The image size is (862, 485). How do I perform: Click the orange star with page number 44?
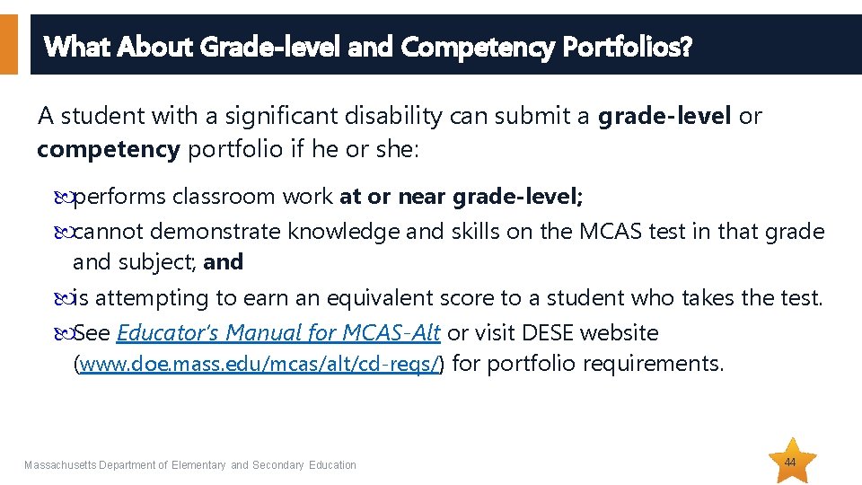click(x=794, y=461)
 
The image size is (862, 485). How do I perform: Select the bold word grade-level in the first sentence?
click(x=664, y=117)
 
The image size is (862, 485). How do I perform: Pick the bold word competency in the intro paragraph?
click(x=109, y=149)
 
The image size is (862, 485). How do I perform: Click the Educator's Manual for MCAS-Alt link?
click(x=278, y=333)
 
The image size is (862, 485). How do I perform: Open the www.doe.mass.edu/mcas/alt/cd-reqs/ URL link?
click(x=260, y=365)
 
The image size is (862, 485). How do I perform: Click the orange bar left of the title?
click(x=8, y=44)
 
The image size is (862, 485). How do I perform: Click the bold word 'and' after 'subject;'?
click(x=224, y=262)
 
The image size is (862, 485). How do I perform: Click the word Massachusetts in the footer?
click(x=60, y=465)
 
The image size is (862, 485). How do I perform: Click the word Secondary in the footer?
click(x=278, y=465)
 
